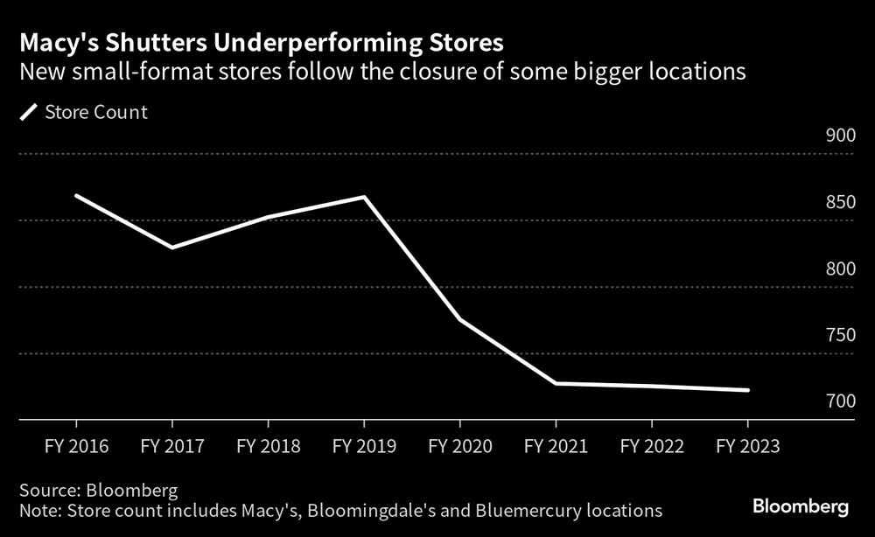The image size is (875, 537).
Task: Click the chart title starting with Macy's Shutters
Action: (262, 42)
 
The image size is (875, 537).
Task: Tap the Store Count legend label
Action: (95, 113)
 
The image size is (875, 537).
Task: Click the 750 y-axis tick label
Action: (839, 335)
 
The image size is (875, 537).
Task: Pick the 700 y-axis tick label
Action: (839, 401)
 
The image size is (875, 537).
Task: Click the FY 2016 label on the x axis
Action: (77, 445)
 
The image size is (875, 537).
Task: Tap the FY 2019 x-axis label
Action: (364, 445)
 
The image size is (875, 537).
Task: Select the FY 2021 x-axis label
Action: (556, 445)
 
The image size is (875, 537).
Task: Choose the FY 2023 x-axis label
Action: (747, 445)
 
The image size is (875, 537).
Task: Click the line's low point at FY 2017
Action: (172, 248)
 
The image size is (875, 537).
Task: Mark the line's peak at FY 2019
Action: (364, 197)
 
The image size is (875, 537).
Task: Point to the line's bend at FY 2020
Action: (460, 320)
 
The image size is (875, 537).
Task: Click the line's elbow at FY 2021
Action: (556, 383)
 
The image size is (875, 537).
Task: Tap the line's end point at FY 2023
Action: (747, 390)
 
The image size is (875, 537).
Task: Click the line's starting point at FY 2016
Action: (77, 196)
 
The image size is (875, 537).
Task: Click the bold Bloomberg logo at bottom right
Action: (801, 506)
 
